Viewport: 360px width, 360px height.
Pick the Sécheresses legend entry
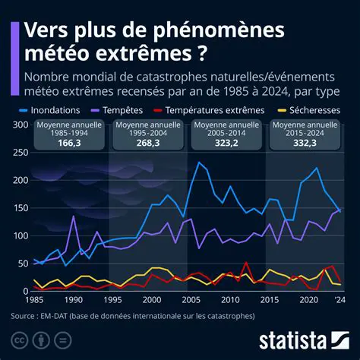pos(311,109)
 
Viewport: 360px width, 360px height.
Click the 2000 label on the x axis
pos(152,300)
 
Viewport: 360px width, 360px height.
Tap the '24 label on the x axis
pos(340,300)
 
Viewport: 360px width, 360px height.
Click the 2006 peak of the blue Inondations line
pos(200,163)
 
